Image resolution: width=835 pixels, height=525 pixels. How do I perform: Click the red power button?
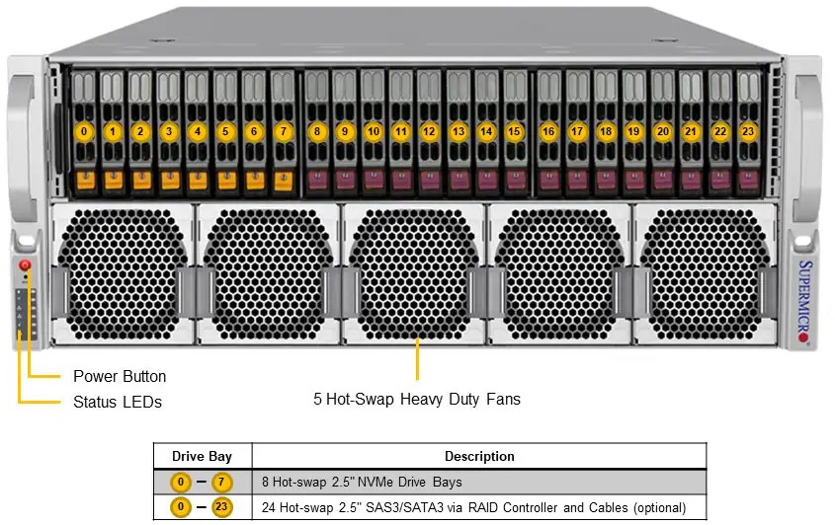tap(25, 264)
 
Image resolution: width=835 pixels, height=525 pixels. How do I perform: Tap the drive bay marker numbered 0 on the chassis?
tap(84, 131)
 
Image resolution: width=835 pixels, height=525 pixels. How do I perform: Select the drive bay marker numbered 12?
tap(429, 131)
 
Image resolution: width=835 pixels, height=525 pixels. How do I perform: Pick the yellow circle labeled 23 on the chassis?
tap(748, 131)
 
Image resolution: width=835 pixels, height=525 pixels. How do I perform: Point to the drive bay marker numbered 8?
tap(317, 131)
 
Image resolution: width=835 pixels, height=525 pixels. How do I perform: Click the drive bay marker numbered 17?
tap(577, 131)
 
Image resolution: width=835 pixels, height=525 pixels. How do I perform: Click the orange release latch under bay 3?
tap(170, 180)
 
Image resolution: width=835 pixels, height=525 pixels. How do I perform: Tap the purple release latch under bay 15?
tap(515, 180)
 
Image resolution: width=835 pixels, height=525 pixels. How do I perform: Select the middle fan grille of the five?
tap(414, 274)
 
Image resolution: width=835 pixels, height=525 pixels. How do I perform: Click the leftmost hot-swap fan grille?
tap(122, 274)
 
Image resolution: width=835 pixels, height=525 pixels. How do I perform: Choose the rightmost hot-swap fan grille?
tap(706, 274)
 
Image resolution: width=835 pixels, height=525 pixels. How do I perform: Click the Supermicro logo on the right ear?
tap(804, 301)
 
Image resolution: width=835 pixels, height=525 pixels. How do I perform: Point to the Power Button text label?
tap(120, 376)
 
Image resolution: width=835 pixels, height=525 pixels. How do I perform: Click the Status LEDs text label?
tap(118, 402)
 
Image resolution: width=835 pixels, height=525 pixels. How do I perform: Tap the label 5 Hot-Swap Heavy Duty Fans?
tap(417, 399)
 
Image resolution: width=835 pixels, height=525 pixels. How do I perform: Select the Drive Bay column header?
tap(202, 456)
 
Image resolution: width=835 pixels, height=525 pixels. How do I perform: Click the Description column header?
tap(479, 456)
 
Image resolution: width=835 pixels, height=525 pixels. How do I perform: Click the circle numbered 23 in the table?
tap(221, 507)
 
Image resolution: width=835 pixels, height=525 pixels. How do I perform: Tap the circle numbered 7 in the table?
tap(221, 482)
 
